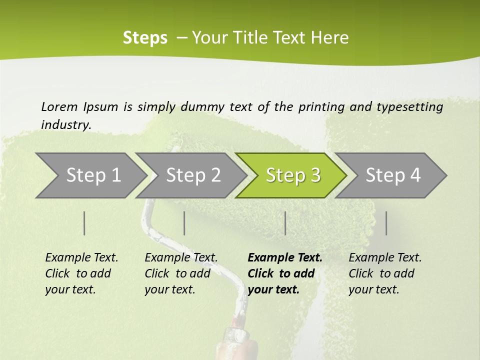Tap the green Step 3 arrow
[293, 175]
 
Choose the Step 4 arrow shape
[393, 175]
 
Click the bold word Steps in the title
[145, 37]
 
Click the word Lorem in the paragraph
[59, 106]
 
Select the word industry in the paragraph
[66, 124]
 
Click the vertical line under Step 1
[84, 223]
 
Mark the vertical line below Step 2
[184, 223]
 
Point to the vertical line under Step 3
[285, 223]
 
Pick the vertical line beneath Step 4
[386, 223]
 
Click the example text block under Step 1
[81, 273]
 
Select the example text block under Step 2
[181, 273]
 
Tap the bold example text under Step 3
[285, 273]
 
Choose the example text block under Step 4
[385, 273]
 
